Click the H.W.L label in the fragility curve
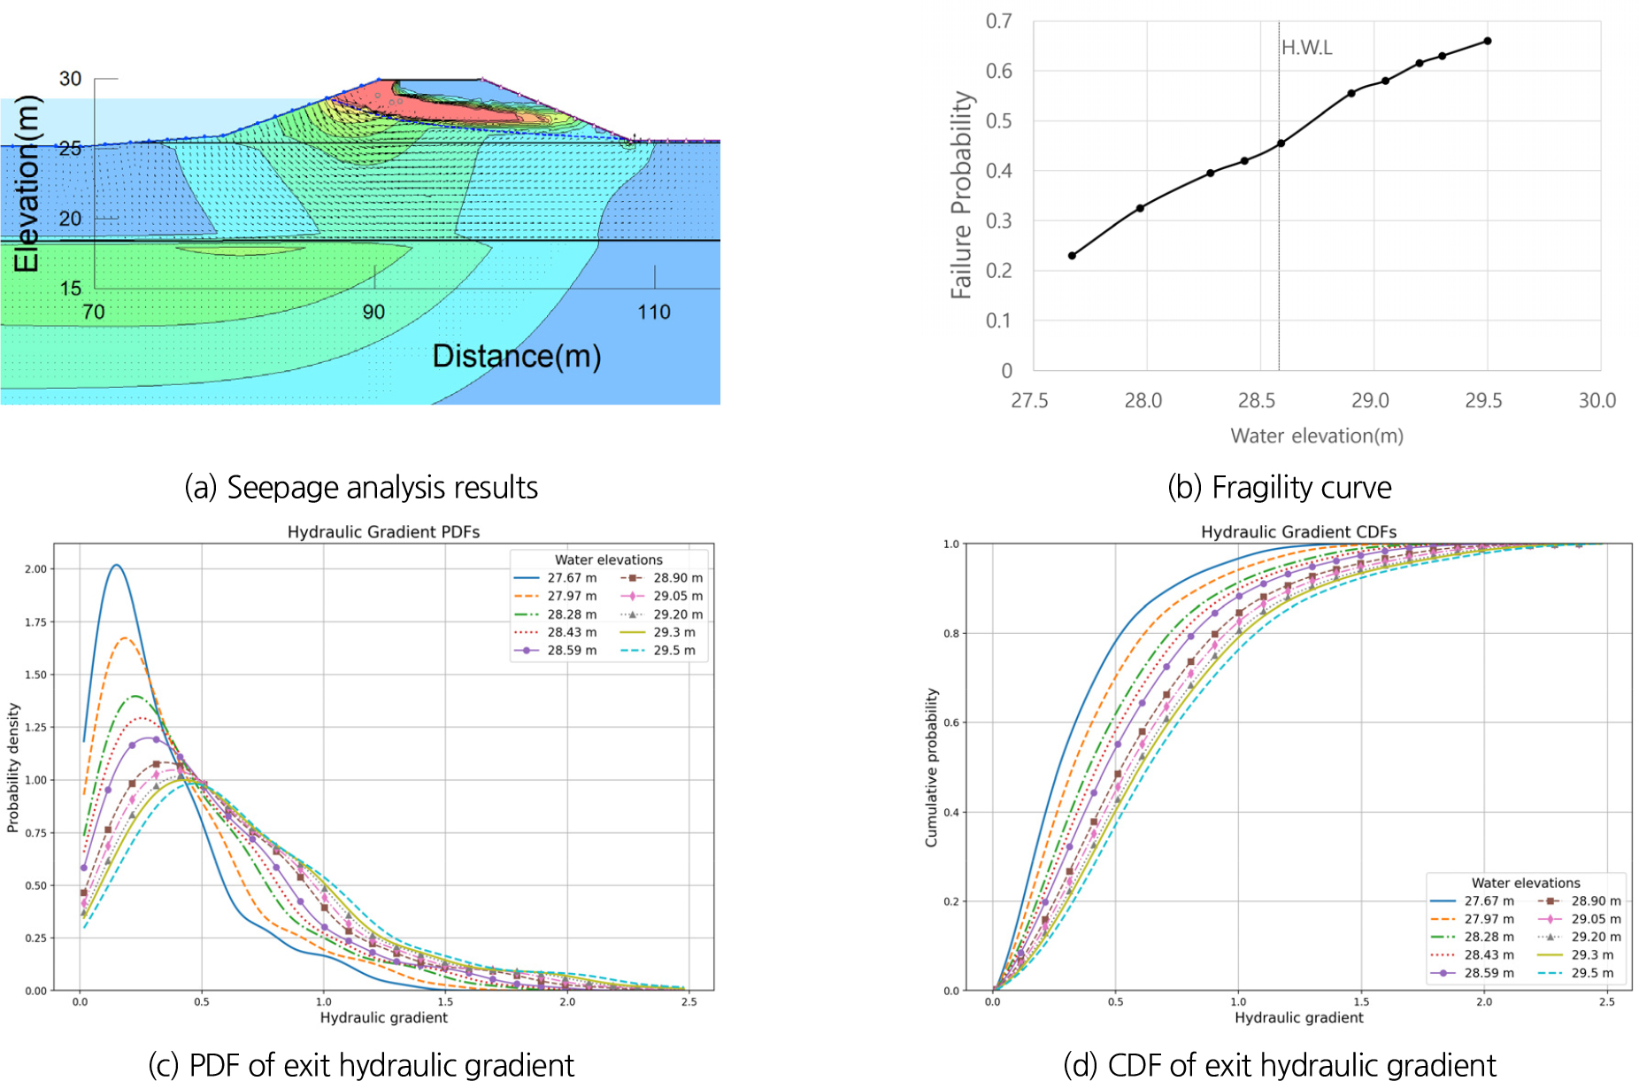coord(1306,48)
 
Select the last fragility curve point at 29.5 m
coord(1488,41)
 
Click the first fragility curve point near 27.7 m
coord(1073,256)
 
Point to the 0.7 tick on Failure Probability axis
coord(999,21)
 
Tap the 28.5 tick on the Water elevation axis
coord(1257,401)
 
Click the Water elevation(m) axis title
coord(1317,436)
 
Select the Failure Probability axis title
coord(961,195)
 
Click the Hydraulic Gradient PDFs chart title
coord(383,532)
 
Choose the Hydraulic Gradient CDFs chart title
coord(1298,532)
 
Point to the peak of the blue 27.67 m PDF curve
coord(116,565)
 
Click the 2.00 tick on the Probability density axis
coord(36,569)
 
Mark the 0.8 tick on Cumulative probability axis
coord(951,634)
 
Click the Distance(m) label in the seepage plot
coord(517,356)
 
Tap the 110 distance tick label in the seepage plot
coord(654,313)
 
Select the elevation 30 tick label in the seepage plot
coord(70,79)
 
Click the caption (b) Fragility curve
coord(1279,488)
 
